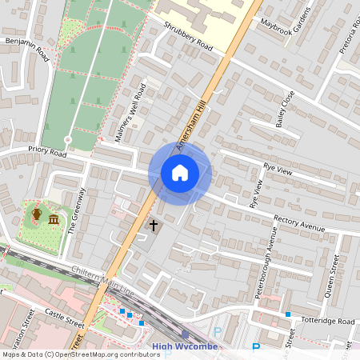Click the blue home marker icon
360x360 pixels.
click(x=180, y=172)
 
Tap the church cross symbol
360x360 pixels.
click(x=153, y=226)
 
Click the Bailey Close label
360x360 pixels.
click(x=285, y=109)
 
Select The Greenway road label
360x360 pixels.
click(x=76, y=210)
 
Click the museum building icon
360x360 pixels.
click(x=54, y=219)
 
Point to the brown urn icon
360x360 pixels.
click(x=36, y=214)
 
